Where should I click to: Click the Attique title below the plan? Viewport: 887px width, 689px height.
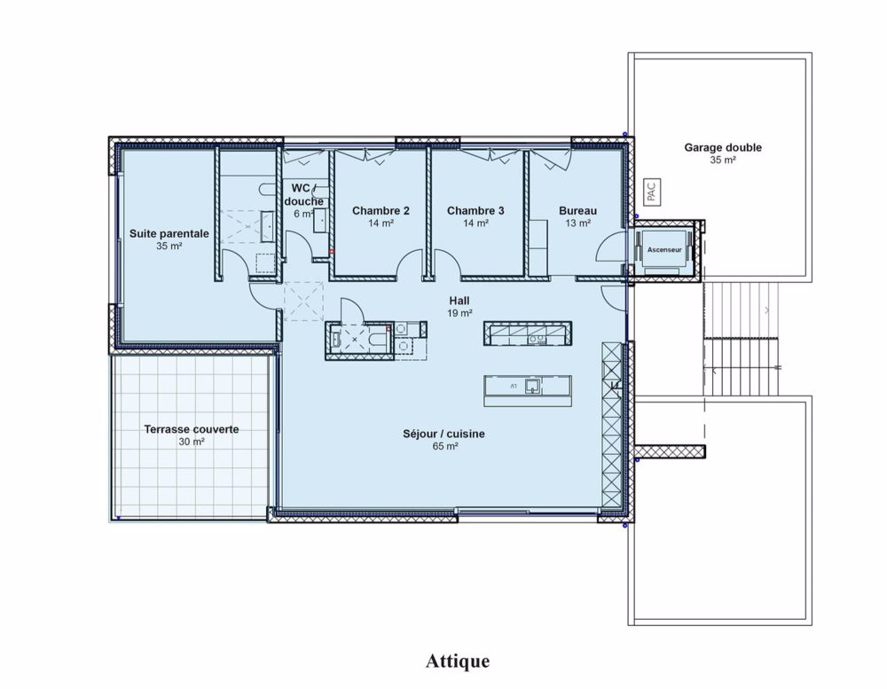pos(458,661)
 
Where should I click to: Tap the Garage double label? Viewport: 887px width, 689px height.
pos(722,148)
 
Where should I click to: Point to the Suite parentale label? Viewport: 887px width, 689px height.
pos(169,233)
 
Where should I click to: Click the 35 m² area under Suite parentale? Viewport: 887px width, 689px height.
pos(169,246)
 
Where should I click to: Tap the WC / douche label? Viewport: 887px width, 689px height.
pos(302,194)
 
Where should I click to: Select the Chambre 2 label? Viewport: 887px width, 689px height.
pos(381,211)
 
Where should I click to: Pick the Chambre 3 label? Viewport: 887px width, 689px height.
pos(475,211)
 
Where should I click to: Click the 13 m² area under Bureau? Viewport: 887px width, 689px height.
pos(577,223)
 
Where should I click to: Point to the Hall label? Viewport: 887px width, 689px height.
pos(459,301)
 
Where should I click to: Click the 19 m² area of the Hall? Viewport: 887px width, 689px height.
pos(459,313)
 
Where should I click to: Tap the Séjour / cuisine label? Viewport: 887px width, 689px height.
pos(444,435)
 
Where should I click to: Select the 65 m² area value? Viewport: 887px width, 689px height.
pos(444,447)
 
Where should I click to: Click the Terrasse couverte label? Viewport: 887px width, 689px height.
pos(191,428)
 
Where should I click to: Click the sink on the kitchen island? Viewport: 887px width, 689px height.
pos(532,385)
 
